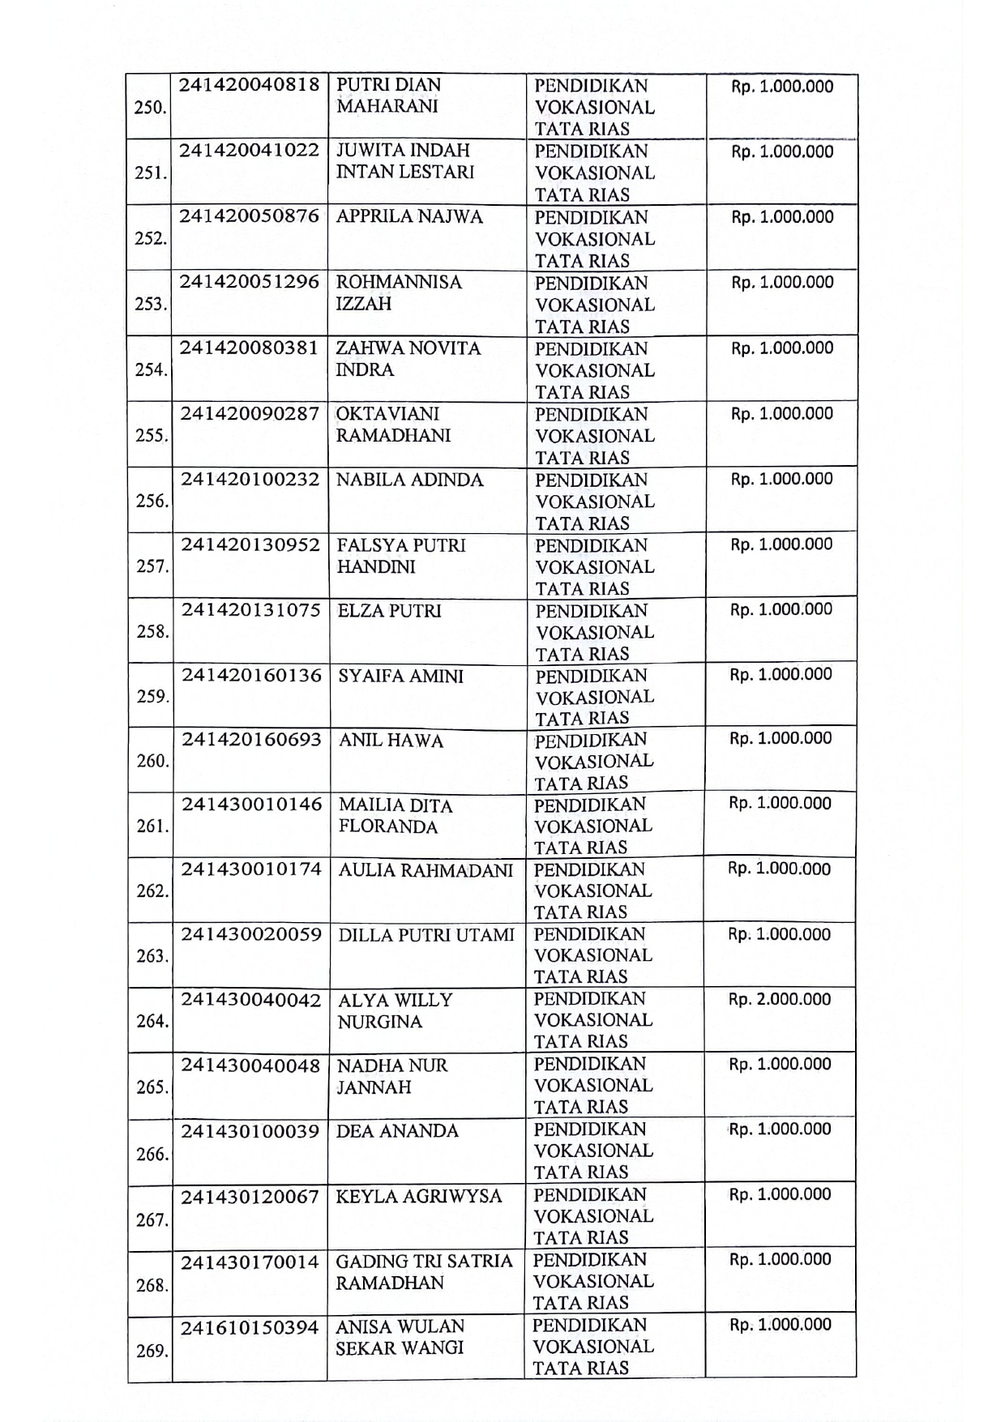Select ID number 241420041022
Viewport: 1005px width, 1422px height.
(250, 151)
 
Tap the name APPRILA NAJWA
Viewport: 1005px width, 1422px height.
(409, 216)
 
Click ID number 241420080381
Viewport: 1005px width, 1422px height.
(250, 348)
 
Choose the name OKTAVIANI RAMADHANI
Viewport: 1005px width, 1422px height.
(393, 425)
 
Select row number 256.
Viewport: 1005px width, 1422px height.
(152, 501)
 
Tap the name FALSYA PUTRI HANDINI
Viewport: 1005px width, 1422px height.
(401, 556)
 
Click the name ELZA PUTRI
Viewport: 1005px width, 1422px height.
(390, 611)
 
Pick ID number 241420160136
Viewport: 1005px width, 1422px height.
(251, 676)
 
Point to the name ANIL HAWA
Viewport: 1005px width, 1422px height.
(391, 741)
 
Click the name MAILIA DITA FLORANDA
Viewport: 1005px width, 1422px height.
(396, 816)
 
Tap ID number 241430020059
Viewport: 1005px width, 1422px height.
(251, 935)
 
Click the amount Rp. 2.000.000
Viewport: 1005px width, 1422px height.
(780, 1000)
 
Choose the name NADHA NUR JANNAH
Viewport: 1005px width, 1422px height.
(392, 1076)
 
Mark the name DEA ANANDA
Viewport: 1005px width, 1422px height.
(397, 1131)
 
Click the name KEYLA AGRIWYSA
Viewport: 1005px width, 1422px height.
(419, 1197)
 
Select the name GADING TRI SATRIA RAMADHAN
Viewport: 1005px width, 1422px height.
(424, 1272)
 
